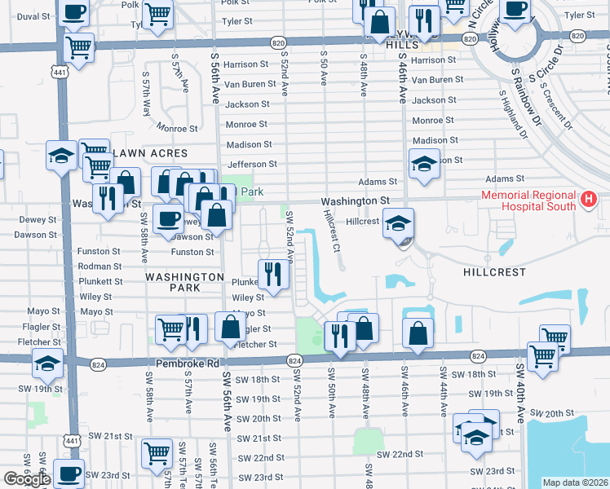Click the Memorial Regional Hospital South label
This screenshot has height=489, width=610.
coord(528,200)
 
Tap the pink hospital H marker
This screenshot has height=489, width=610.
coord(589,199)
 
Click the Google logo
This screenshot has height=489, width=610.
coord(26,479)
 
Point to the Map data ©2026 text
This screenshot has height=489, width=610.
coord(576,482)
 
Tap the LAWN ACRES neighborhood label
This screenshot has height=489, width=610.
coord(151,153)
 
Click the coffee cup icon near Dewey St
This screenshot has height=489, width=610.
coord(168,218)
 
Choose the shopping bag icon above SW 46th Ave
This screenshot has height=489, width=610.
coord(418,333)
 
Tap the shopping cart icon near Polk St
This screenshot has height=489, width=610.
coord(157,11)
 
